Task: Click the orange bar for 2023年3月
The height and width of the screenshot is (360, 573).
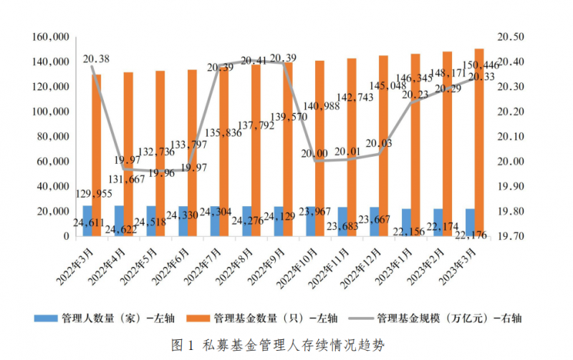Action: [x=479, y=143]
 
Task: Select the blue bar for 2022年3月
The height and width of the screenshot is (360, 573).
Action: [x=87, y=220]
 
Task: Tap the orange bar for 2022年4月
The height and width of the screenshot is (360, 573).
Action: [x=128, y=154]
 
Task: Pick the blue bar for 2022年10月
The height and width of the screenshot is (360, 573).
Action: [x=310, y=221]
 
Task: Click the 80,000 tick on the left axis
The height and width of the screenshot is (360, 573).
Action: [x=53, y=137]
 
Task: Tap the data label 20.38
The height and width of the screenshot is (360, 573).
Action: [x=97, y=59]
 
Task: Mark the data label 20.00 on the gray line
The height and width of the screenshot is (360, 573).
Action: [x=315, y=153]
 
